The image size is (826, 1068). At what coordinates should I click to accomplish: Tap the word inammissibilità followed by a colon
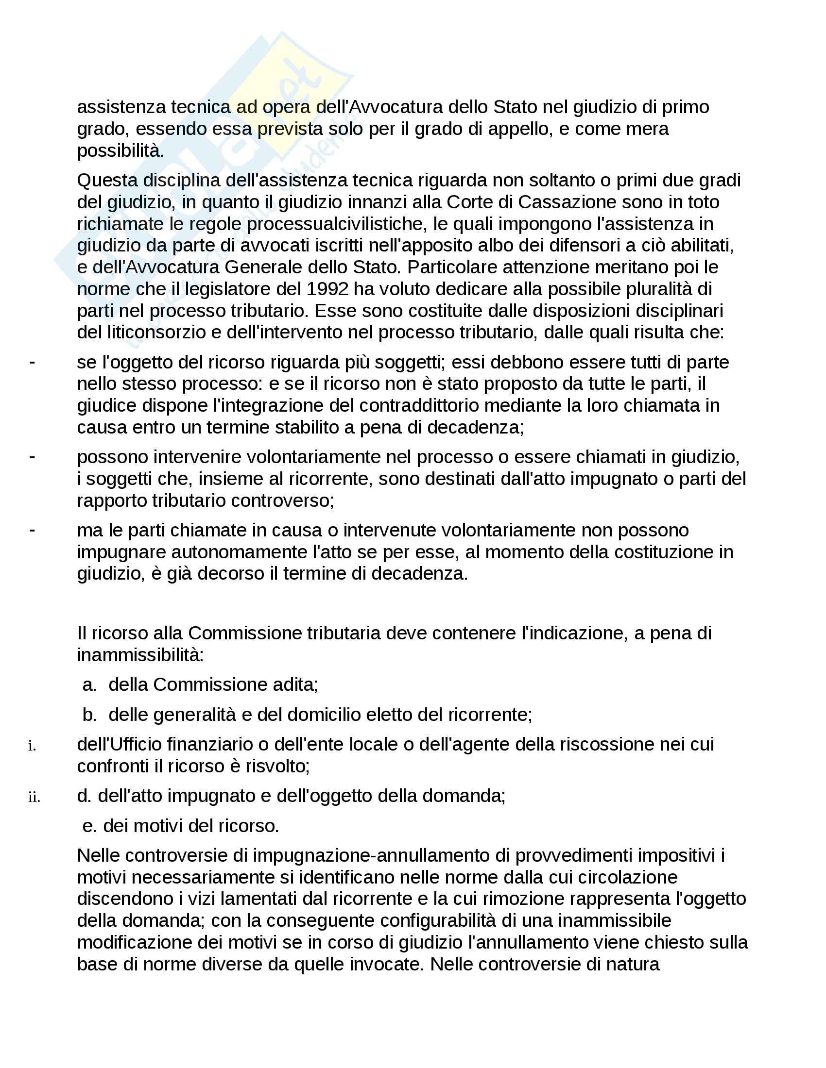pyautogui.click(x=140, y=655)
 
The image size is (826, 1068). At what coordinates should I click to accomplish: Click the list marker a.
pyautogui.click(x=89, y=684)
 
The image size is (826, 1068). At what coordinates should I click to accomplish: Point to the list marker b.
pyautogui.click(x=89, y=715)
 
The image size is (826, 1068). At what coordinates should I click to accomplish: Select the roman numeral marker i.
pyautogui.click(x=32, y=746)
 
